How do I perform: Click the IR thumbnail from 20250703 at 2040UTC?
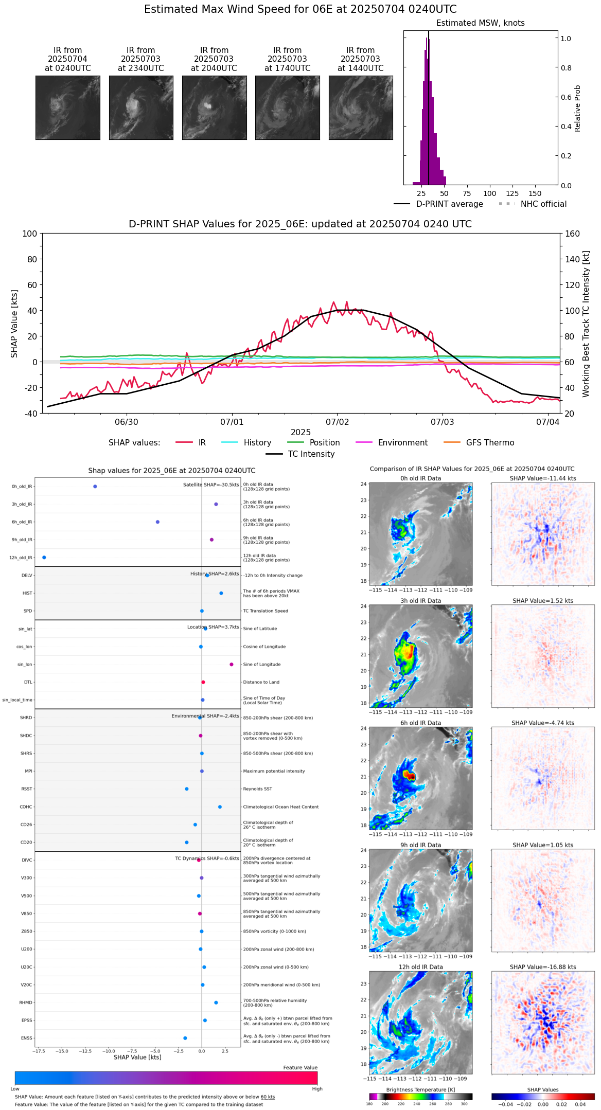coord(214,108)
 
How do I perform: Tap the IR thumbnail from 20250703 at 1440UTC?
coord(361,108)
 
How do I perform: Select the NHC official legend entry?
coord(543,204)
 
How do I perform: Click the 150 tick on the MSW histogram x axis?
coord(535,194)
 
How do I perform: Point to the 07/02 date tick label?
coord(337,422)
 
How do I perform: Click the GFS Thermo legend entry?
coord(490,443)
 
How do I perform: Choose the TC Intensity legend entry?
coord(311,454)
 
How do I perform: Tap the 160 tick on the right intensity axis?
coord(573,234)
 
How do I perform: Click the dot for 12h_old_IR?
coord(44,558)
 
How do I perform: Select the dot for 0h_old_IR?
coord(95,487)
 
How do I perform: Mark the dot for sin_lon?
coord(232,665)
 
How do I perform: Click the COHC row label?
coord(26,807)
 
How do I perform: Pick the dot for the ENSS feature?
coord(185,1038)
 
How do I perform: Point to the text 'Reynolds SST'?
coord(258,789)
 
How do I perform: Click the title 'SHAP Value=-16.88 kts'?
coord(543,967)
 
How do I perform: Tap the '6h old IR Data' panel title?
coord(420,723)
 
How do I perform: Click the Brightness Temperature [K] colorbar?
coord(420,1097)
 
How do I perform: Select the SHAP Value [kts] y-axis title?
coord(14,324)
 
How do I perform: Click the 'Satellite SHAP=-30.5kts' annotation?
coord(211,485)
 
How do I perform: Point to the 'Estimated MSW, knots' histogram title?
coord(480,23)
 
